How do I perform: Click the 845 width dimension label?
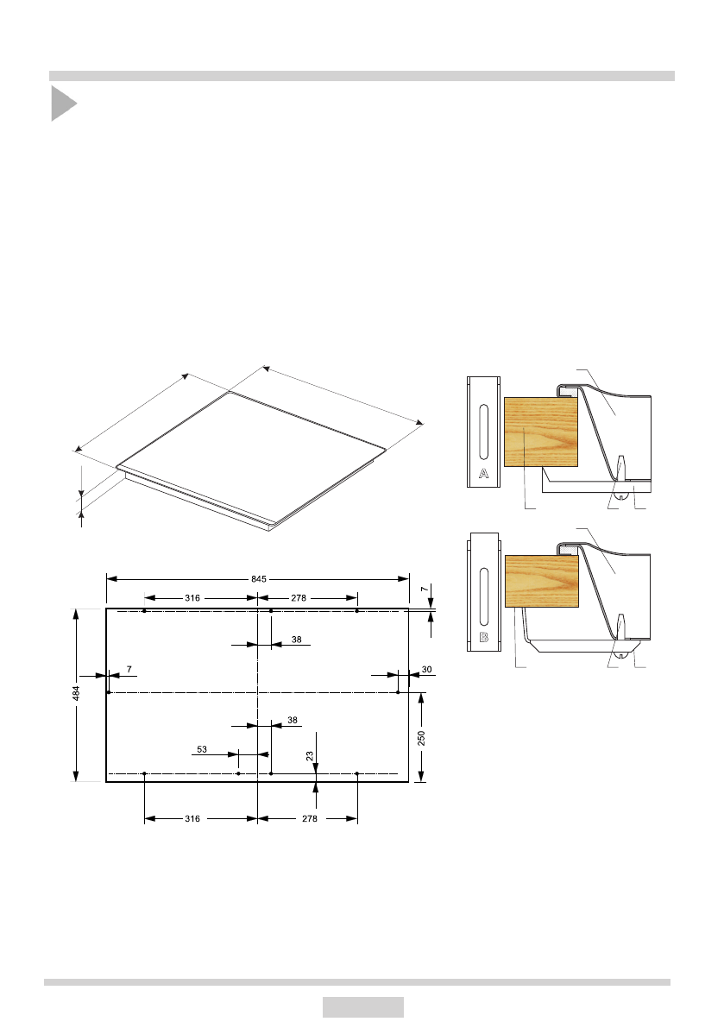coord(259,579)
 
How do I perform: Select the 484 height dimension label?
coord(76,694)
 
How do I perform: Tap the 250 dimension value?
coord(421,738)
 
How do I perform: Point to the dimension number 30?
coord(426,670)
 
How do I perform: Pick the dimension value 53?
coord(202,749)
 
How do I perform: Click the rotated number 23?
coord(309,756)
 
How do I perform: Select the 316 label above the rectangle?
coord(192,598)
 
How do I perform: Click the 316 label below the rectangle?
coord(192,819)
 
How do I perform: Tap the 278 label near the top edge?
coord(299,598)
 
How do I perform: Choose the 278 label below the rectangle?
coord(309,819)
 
